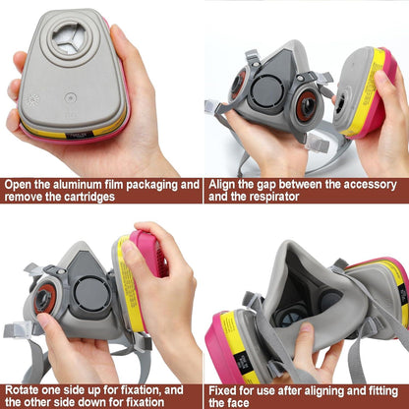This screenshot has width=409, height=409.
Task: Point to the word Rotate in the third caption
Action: coord(22,390)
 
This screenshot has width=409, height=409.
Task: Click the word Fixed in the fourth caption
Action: coord(222,391)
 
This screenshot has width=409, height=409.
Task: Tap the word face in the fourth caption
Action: coord(238,402)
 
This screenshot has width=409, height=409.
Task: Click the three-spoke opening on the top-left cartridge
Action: coord(70,38)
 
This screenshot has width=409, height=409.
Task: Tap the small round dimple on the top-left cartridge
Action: coord(70,97)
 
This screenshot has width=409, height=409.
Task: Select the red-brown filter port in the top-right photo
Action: coord(307,106)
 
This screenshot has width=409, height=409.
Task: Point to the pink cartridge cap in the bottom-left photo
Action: coord(150,253)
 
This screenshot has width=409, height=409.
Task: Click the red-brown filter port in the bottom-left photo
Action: coord(45,299)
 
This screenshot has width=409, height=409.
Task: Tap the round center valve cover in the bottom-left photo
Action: coord(91,295)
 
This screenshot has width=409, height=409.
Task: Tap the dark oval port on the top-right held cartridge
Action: coord(340,102)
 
